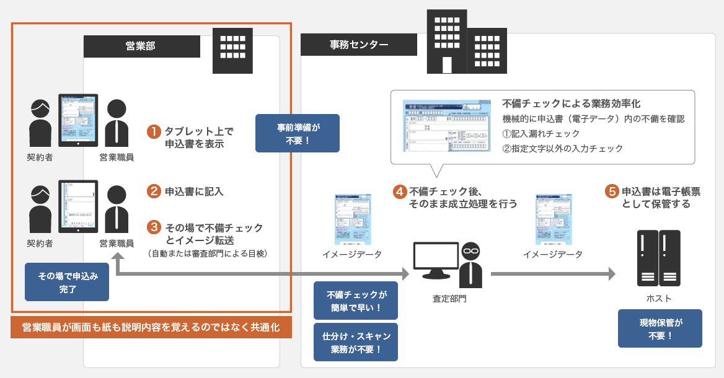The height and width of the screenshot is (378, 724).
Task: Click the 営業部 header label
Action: (x=142, y=46)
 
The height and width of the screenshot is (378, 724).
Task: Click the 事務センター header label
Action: (x=359, y=45)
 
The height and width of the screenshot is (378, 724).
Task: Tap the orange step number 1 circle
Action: (x=154, y=131)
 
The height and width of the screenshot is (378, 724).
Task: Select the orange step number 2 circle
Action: (x=154, y=191)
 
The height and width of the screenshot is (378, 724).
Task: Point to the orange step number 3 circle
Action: (x=154, y=228)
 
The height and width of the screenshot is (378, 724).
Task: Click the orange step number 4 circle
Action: (x=400, y=191)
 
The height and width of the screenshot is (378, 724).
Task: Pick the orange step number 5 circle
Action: (x=612, y=191)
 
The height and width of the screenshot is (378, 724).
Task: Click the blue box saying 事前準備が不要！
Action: (x=298, y=133)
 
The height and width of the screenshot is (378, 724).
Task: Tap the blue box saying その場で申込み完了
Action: (x=66, y=282)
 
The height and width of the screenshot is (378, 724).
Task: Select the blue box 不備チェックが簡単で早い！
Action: (x=355, y=301)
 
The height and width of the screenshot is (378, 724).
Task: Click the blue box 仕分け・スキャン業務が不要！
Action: (x=355, y=342)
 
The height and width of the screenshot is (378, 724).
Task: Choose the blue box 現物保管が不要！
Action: (x=660, y=328)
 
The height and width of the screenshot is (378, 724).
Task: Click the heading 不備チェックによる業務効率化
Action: (x=571, y=103)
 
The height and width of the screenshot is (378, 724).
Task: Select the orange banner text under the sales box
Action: (x=151, y=327)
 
